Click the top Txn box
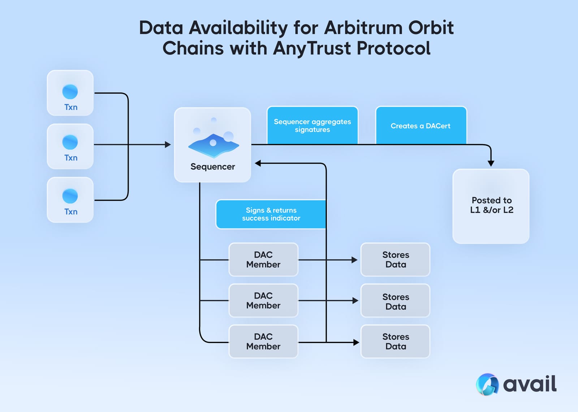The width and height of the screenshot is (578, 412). coord(70,93)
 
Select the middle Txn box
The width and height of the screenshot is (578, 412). coord(70,146)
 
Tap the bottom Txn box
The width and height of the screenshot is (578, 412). coord(70,200)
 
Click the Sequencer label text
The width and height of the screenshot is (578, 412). coord(212,167)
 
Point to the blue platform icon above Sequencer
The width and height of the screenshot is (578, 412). coord(213,145)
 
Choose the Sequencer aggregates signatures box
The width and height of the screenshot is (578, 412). coord(312,125)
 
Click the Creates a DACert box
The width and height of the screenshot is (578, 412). coord(421,125)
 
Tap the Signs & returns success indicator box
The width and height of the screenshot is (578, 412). coord(271,214)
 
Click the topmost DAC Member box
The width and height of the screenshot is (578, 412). coord(263,259)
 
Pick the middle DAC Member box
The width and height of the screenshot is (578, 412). coord(263,300)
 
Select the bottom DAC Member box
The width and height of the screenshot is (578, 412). coord(263,341)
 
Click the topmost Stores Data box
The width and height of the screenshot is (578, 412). coord(396,259)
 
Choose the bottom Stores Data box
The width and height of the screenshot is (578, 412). coord(396,341)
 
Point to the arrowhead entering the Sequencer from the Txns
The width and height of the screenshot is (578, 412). coord(168,145)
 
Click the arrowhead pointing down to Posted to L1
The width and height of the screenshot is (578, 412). coord(491,163)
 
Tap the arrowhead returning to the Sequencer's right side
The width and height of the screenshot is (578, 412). coord(258,163)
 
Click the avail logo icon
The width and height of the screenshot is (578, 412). coord(487,384)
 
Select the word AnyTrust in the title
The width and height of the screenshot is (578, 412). coord(311,48)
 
